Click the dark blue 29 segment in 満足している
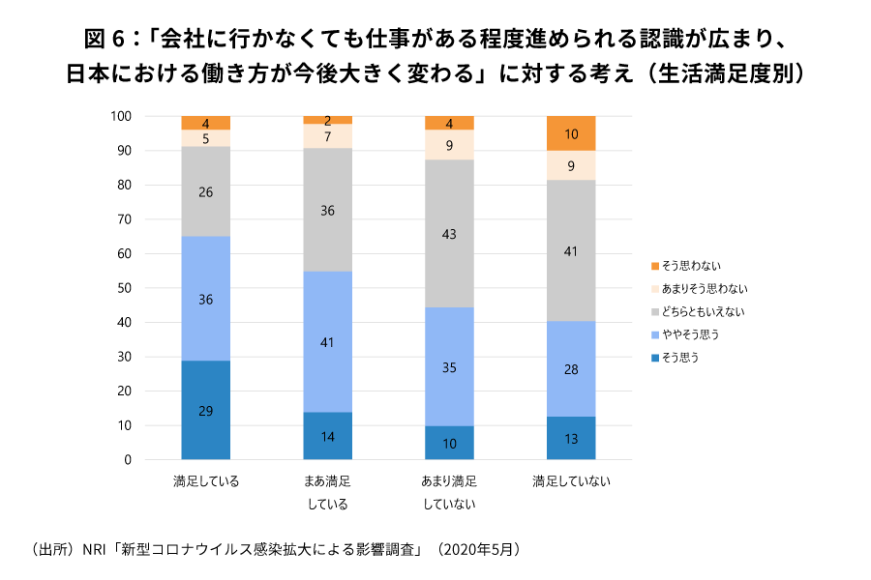206,410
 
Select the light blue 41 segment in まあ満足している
328,341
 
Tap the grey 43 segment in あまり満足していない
450,233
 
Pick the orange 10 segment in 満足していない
571,133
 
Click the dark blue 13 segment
571,438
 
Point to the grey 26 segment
206,191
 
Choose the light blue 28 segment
571,368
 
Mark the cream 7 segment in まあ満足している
328,136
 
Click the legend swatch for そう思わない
655,266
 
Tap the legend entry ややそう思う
691,334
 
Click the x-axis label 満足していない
571,481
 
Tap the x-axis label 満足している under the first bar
206,481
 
